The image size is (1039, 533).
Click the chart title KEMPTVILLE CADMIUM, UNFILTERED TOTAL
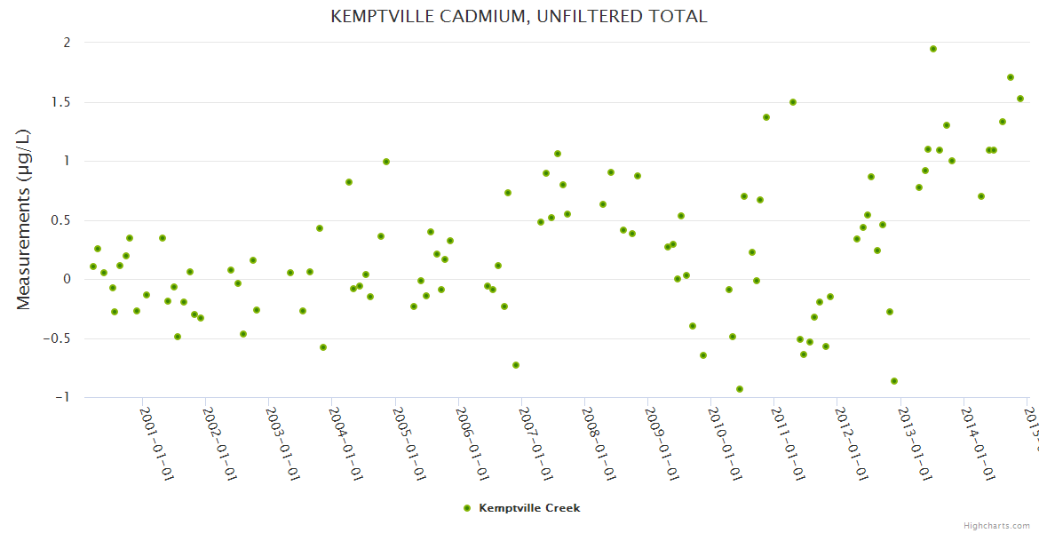coord(519,17)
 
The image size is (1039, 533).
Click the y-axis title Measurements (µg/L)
coord(24,219)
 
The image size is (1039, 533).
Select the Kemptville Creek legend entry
coord(528,508)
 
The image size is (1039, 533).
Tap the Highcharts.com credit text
coord(996,526)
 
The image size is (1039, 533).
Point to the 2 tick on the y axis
coord(67,43)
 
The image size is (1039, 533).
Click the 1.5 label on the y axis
coord(60,102)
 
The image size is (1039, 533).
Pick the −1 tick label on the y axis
coord(62,397)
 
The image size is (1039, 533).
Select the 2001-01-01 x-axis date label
coord(156,443)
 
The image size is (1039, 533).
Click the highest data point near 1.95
coord(933,49)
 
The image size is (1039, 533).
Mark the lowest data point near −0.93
coord(740,389)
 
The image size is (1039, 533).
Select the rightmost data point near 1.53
coord(1020,99)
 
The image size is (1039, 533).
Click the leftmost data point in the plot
coord(93,266)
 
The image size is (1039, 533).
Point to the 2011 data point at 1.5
coord(793,102)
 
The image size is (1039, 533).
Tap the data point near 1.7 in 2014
coord(1011,77)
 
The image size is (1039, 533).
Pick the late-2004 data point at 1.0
coord(386,162)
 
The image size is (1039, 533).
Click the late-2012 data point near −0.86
coord(894,381)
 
